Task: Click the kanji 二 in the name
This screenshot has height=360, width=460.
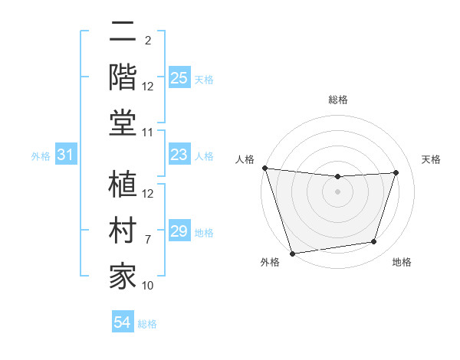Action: click(x=123, y=32)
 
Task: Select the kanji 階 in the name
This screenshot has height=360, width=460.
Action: click(x=123, y=76)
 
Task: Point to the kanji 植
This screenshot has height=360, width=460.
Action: click(x=123, y=185)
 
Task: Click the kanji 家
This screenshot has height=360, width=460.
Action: click(x=123, y=275)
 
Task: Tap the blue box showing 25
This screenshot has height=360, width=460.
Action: click(x=179, y=78)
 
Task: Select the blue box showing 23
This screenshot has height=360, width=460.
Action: click(x=179, y=155)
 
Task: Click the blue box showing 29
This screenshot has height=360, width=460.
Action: click(x=179, y=231)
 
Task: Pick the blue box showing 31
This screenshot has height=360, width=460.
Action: click(x=65, y=155)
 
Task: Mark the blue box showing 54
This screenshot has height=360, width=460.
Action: click(x=122, y=322)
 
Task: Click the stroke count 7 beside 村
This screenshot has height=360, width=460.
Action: click(x=148, y=239)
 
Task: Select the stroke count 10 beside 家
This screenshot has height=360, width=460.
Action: click(x=148, y=286)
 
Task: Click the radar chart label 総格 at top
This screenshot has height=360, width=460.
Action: click(x=338, y=100)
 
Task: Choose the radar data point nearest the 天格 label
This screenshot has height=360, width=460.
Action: click(x=396, y=172)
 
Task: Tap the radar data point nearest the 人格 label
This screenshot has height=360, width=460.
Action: click(x=264, y=168)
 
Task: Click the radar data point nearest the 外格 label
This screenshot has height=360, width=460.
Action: click(x=292, y=253)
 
